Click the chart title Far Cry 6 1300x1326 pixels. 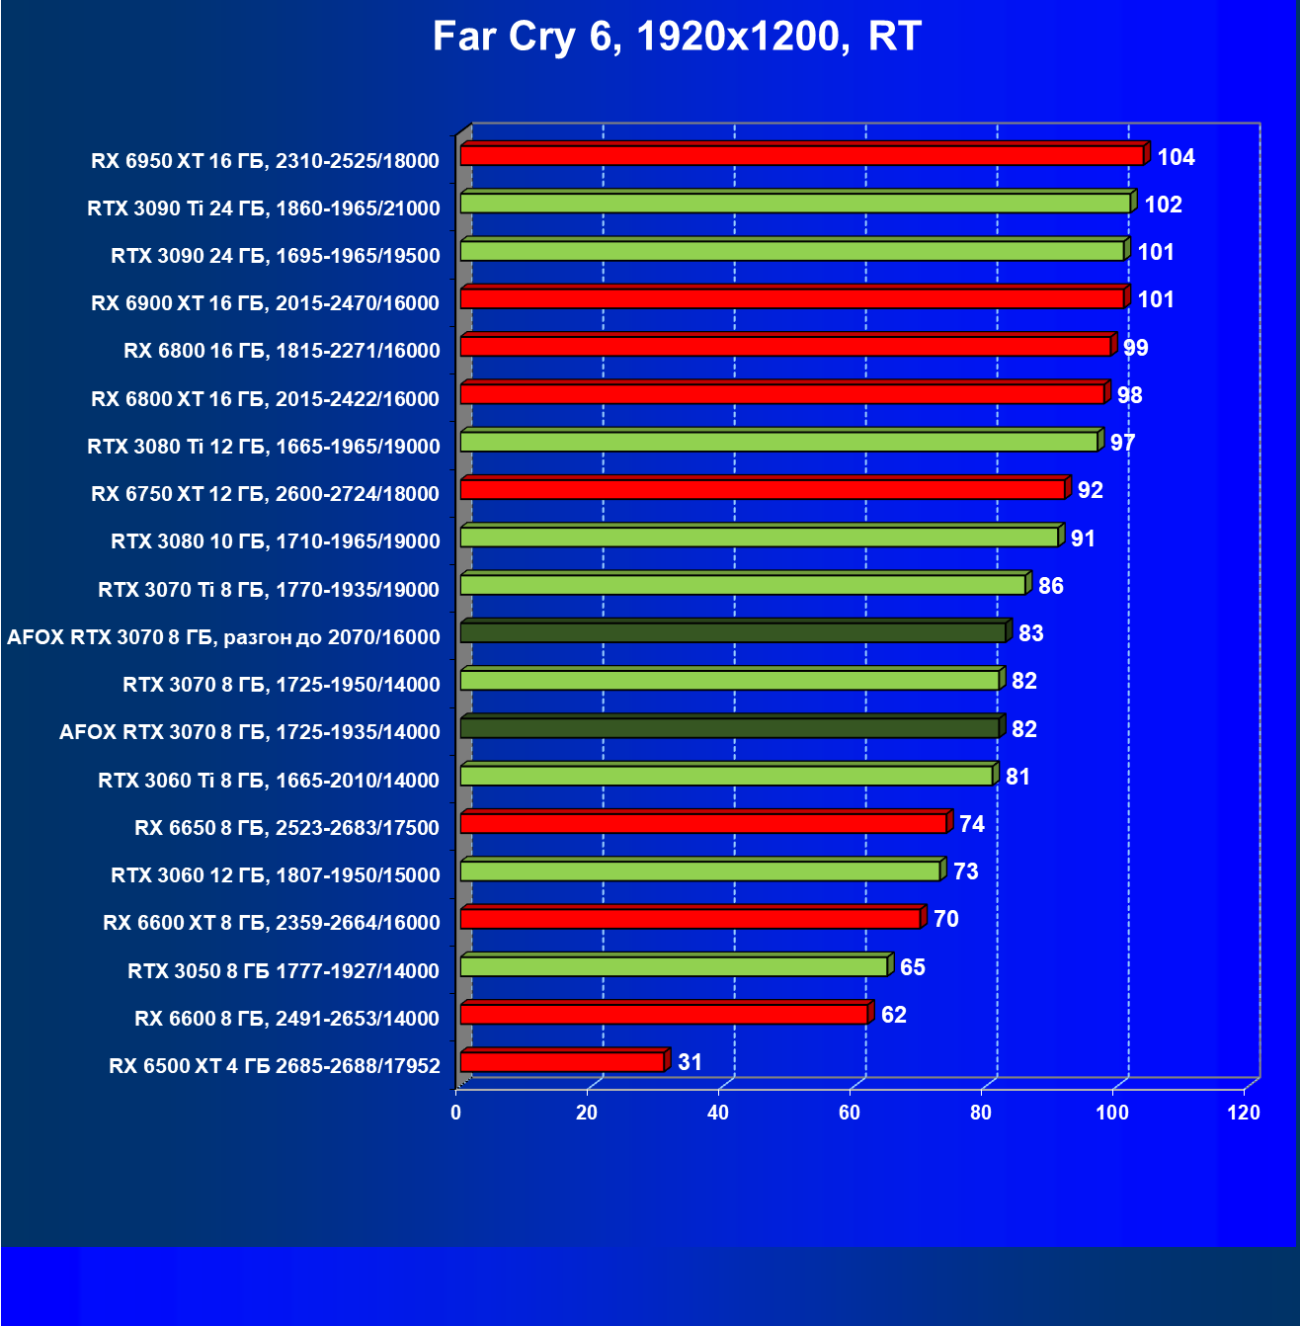pyautogui.click(x=677, y=38)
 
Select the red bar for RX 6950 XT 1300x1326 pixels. pyautogui.click(x=801, y=155)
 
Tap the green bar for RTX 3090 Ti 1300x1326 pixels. pyautogui.click(x=795, y=203)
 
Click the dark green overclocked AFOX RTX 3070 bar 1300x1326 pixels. pyautogui.click(x=733, y=632)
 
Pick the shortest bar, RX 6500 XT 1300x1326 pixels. pyautogui.click(x=562, y=1062)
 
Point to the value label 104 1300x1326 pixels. pyautogui.click(x=1176, y=157)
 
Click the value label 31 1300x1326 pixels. pyautogui.click(x=690, y=1062)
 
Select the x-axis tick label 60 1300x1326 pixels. pyautogui.click(x=850, y=1113)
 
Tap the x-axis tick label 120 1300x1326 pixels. pyautogui.click(x=1244, y=1113)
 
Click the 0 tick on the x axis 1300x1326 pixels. pyautogui.click(x=455, y=1113)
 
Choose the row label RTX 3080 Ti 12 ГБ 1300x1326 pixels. pyautogui.click(x=264, y=447)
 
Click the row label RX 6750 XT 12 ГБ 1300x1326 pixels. pyautogui.click(x=265, y=494)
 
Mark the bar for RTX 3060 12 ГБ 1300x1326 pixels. pyautogui.click(x=700, y=870)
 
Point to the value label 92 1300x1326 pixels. pyautogui.click(x=1090, y=491)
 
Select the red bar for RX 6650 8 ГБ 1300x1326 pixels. pyautogui.click(x=704, y=823)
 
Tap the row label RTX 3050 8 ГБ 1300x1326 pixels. pyautogui.click(x=284, y=971)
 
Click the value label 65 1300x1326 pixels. pyautogui.click(x=912, y=967)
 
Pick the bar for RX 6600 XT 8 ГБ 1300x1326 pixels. pyautogui.click(x=691, y=919)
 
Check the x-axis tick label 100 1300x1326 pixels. pyautogui.click(x=1112, y=1113)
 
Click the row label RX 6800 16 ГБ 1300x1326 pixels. pyautogui.click(x=282, y=351)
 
